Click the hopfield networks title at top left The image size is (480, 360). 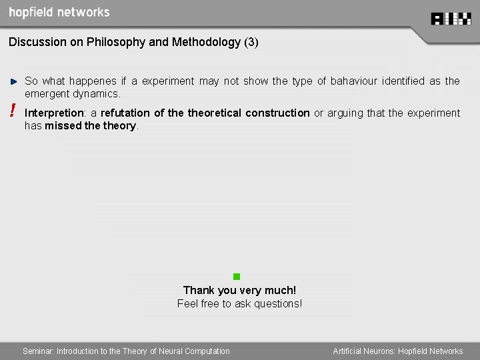[x=59, y=13]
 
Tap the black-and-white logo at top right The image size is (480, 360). [x=451, y=19]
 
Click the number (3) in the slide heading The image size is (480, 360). [x=251, y=42]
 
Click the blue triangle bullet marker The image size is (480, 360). [x=13, y=81]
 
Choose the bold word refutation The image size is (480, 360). [x=125, y=113]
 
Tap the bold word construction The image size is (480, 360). [x=277, y=113]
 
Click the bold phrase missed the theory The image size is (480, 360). [x=91, y=126]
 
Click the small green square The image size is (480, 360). [x=236, y=276]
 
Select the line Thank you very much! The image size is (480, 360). [x=239, y=290]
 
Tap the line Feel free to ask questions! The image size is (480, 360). [x=239, y=304]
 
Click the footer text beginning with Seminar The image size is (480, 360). [x=126, y=351]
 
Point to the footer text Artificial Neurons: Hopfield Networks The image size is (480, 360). [x=397, y=351]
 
